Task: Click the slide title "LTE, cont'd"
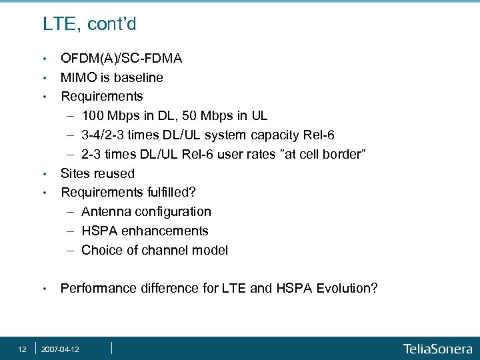[x=89, y=25]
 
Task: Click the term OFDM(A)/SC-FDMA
[x=121, y=58]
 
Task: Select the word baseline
[x=139, y=77]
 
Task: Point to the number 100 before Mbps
[x=93, y=115]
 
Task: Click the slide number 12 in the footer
[x=22, y=348]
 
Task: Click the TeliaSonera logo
[x=437, y=348]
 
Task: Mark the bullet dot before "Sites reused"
[x=44, y=174]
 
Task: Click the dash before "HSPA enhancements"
[x=71, y=231]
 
